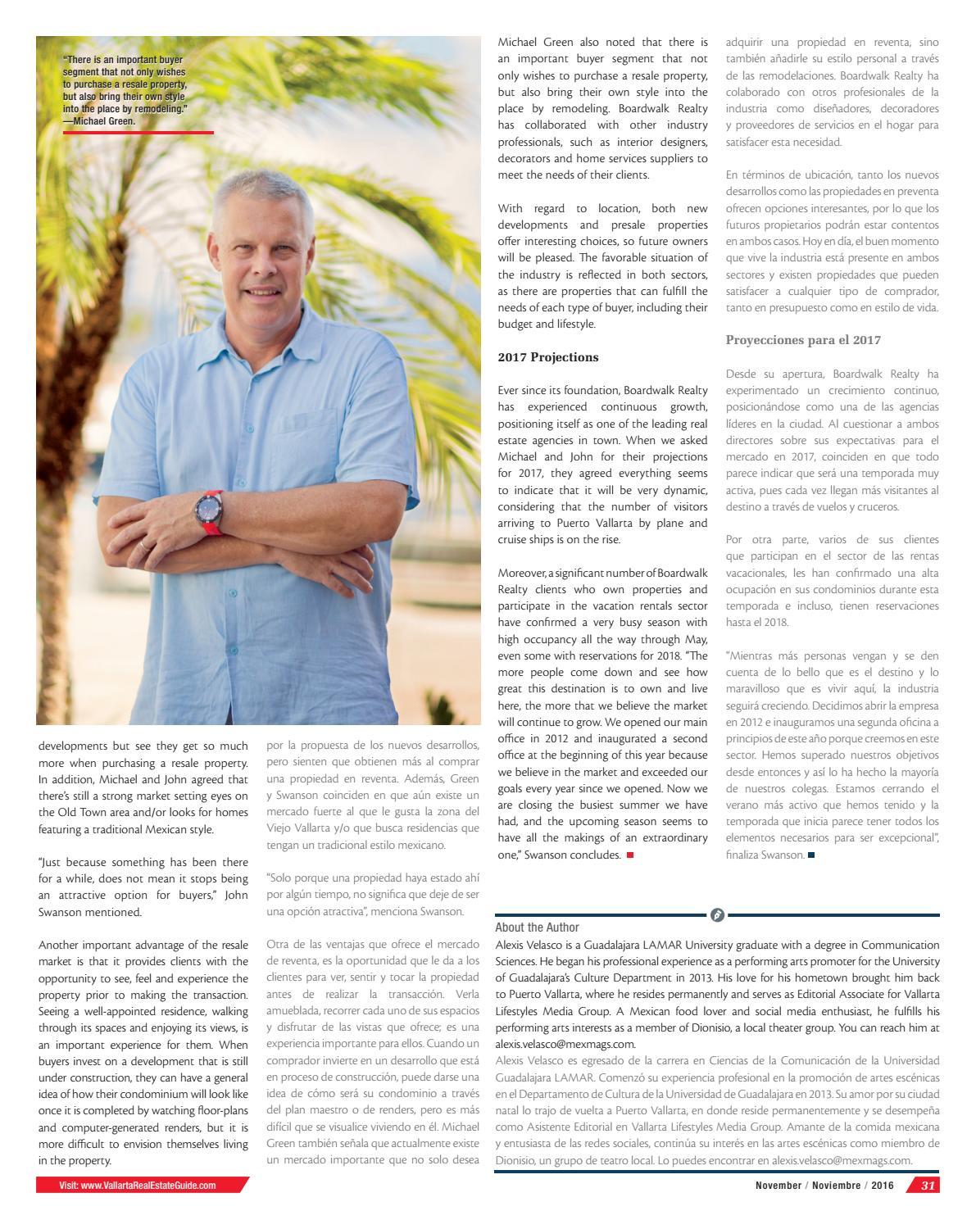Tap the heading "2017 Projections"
[x=548, y=357]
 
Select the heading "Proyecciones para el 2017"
[x=803, y=340]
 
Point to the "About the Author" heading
[x=537, y=927]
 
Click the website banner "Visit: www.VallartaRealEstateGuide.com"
[x=138, y=1185]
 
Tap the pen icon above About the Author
[x=717, y=914]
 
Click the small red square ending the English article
[x=630, y=855]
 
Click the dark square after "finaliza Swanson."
[x=811, y=855]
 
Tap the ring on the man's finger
[x=144, y=543]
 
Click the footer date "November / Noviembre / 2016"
[x=824, y=1185]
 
